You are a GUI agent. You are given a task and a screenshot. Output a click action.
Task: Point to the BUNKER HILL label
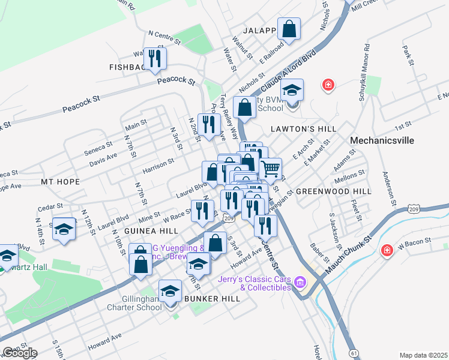point(208,298)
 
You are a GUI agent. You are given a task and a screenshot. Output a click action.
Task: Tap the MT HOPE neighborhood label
point(60,181)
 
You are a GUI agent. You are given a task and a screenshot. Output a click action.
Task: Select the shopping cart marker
point(271,169)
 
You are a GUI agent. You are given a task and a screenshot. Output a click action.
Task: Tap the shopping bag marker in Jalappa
point(289,29)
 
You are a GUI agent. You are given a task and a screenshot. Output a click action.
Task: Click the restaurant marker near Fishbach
point(155,59)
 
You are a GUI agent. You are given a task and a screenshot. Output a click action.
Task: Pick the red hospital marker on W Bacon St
point(387,249)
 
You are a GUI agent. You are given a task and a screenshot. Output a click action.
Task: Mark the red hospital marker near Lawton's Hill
point(328,85)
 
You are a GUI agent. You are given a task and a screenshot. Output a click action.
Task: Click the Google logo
point(20,353)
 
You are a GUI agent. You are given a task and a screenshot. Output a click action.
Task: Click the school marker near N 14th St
point(64,230)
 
